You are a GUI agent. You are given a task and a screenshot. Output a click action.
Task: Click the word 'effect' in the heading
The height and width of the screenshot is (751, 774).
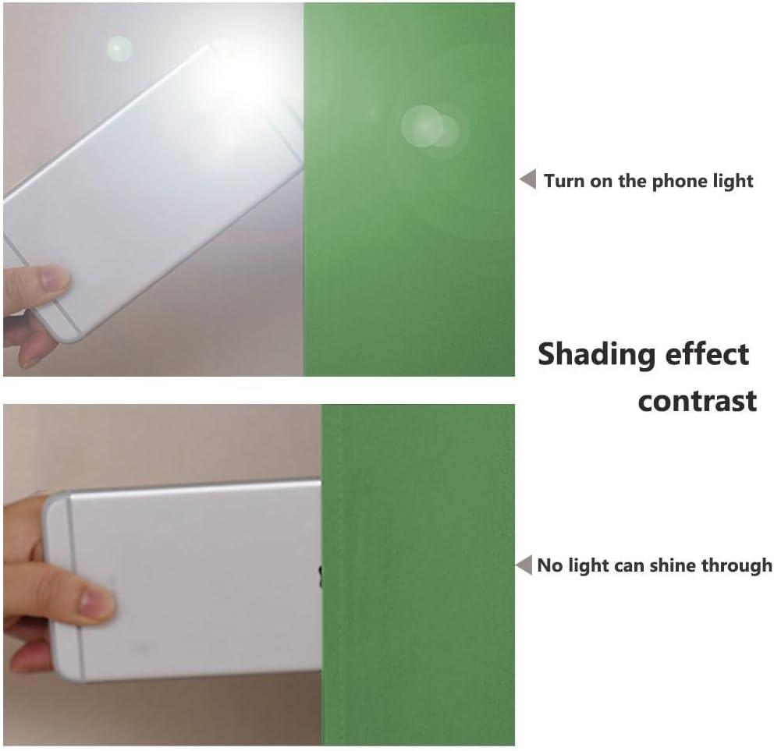point(708,354)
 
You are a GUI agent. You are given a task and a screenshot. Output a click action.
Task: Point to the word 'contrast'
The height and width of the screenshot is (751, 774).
point(698,401)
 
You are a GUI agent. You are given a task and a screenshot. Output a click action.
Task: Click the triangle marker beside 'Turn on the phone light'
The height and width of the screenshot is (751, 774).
point(529,179)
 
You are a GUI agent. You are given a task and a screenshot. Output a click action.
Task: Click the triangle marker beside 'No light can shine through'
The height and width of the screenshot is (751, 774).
point(524,565)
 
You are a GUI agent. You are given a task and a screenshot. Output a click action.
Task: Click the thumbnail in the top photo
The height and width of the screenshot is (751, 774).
point(51,281)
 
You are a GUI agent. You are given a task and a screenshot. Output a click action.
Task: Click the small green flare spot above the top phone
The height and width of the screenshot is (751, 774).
point(119,49)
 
